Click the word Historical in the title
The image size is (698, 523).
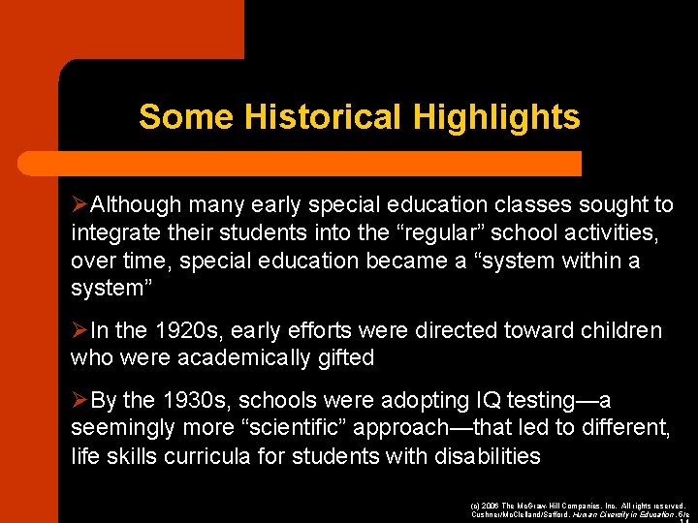click(x=324, y=117)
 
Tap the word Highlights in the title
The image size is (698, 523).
click(x=496, y=117)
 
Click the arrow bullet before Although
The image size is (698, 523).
click(x=80, y=205)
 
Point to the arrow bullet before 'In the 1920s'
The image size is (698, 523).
click(x=80, y=331)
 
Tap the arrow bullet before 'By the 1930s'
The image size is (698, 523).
click(x=80, y=401)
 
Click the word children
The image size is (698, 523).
click(x=621, y=331)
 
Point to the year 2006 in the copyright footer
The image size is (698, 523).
click(x=491, y=506)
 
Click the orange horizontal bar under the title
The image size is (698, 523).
click(x=320, y=162)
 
